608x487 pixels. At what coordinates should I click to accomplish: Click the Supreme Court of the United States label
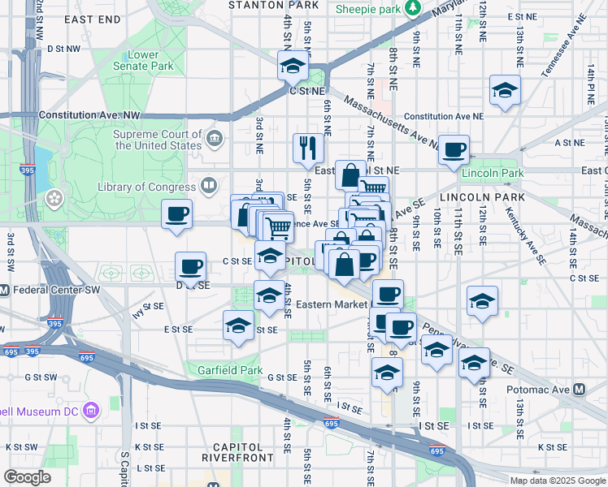[158, 140]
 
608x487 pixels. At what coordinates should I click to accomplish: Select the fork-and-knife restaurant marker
[306, 148]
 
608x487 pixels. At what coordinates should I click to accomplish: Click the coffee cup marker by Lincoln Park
[454, 150]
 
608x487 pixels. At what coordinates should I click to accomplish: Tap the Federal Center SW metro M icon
[3, 290]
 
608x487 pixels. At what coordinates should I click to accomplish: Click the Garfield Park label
[230, 370]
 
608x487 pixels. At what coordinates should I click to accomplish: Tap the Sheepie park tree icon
[414, 9]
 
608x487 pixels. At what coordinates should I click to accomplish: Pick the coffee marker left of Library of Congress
[176, 215]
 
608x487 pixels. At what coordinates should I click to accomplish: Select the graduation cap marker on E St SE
[239, 325]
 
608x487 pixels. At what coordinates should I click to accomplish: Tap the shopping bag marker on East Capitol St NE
[350, 175]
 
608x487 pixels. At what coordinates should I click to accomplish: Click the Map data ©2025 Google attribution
[557, 481]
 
